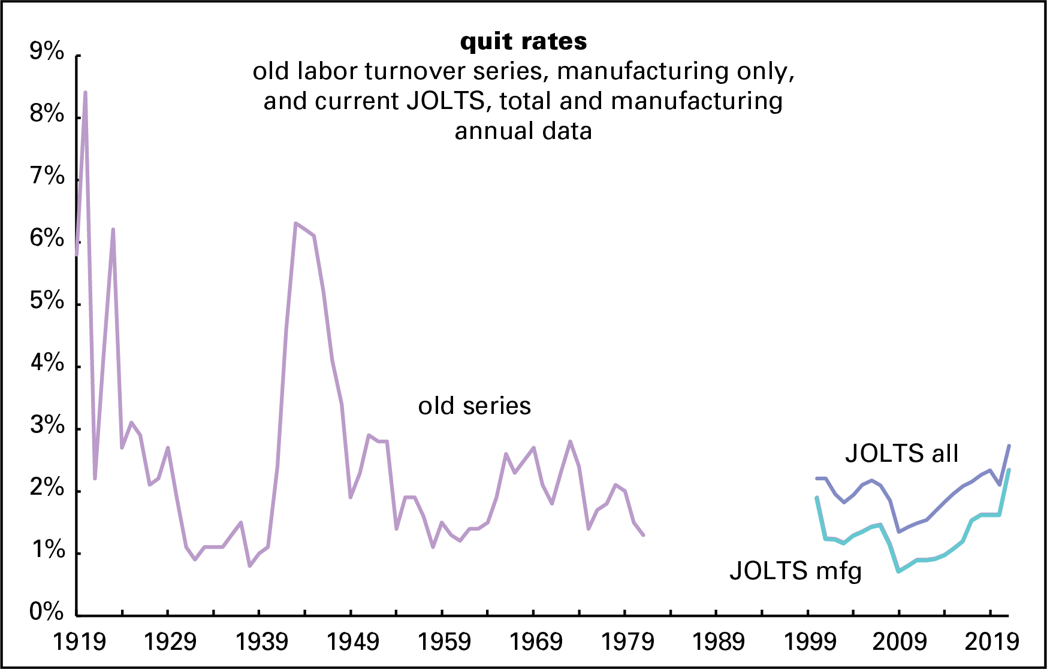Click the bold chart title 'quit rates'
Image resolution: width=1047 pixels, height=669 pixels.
[523, 41]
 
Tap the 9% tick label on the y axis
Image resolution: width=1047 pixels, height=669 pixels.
[47, 52]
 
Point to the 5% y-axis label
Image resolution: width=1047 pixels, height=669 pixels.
[47, 301]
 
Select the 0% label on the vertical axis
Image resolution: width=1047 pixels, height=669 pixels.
[47, 612]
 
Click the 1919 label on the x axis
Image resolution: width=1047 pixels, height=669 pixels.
[79, 642]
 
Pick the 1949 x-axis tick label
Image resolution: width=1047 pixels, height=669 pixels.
[353, 642]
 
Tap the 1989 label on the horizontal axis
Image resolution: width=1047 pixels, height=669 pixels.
[718, 642]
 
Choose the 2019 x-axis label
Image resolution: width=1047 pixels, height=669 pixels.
[991, 642]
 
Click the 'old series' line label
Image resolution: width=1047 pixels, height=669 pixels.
[474, 406]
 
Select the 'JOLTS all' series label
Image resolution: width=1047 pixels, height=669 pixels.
[901, 453]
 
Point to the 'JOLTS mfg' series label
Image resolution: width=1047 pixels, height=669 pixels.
[795, 571]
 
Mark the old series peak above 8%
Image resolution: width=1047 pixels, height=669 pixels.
[86, 93]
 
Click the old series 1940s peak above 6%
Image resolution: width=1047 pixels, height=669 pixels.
[295, 223]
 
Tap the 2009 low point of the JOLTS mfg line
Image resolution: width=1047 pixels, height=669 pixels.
[898, 571]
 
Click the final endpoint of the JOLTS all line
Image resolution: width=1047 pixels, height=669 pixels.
[1009, 446]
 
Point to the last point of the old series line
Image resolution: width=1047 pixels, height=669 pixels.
[643, 535]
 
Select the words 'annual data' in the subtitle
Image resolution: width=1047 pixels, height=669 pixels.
[523, 131]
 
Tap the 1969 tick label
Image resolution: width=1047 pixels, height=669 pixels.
[536, 642]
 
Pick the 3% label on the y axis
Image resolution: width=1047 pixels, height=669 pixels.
[47, 425]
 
